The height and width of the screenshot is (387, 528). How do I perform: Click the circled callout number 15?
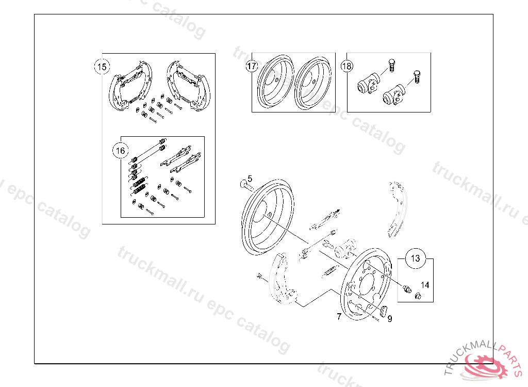(102, 67)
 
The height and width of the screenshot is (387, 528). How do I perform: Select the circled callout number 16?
(120, 151)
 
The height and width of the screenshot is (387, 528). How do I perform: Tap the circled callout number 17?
(252, 66)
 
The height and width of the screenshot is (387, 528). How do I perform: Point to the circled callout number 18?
(346, 66)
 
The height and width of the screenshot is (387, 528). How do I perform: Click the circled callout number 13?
(415, 258)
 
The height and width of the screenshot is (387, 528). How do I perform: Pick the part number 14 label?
(425, 285)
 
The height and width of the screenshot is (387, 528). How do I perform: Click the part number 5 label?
(250, 179)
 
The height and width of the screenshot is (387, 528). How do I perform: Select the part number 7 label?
(339, 316)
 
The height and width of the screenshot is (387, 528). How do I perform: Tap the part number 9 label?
(390, 318)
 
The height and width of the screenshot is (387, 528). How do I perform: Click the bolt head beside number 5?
(243, 184)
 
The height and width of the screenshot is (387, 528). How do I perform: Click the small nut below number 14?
(418, 296)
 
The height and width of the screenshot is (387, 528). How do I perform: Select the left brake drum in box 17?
(275, 82)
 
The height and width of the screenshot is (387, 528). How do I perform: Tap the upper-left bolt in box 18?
(391, 66)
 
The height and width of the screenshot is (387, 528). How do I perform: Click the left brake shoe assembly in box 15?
(130, 86)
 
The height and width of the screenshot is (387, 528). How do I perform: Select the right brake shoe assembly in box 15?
(188, 86)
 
